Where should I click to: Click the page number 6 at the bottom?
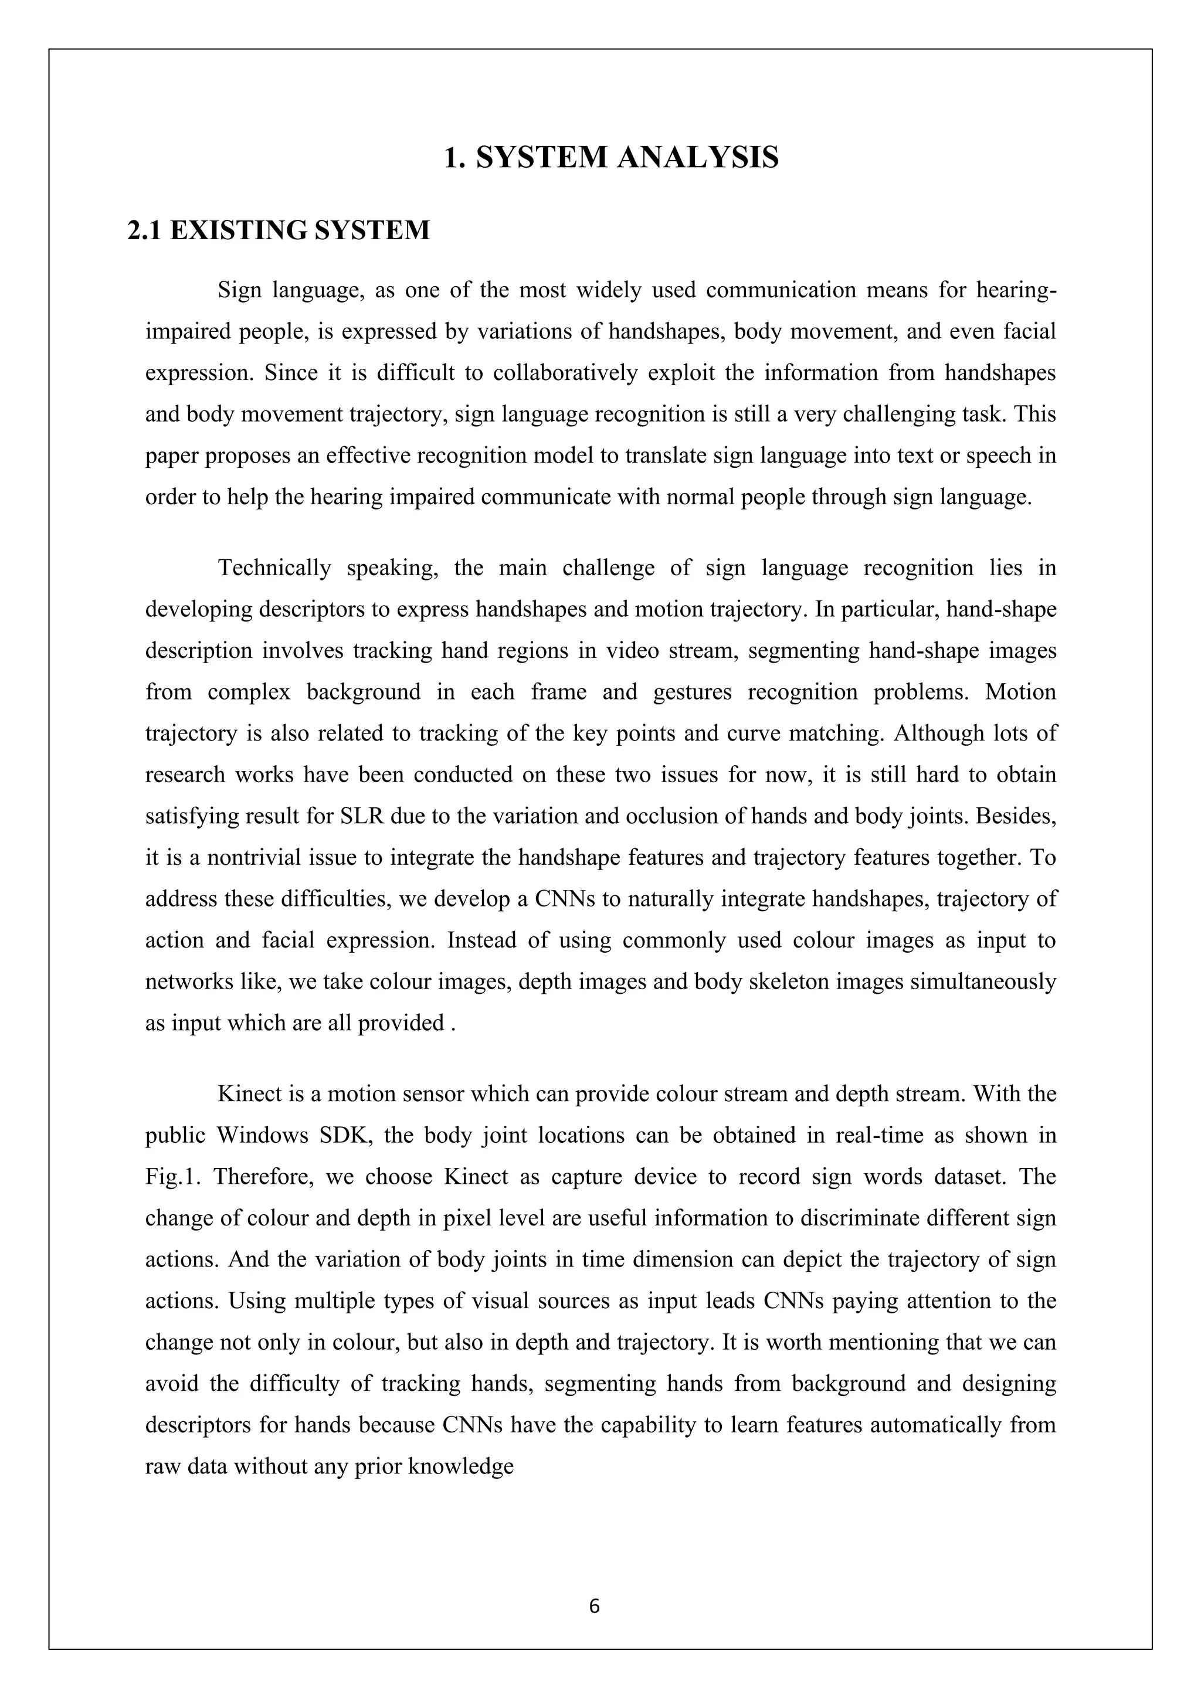coord(594,1607)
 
